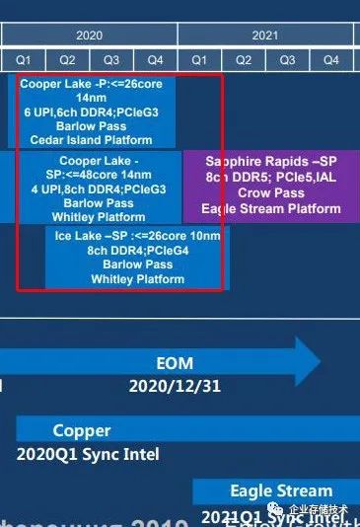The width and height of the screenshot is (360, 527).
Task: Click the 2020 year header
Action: point(89,35)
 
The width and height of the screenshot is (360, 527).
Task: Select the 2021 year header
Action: point(264,35)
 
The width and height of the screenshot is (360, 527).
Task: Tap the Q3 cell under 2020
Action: point(111,59)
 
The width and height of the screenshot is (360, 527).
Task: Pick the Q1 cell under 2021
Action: point(198,59)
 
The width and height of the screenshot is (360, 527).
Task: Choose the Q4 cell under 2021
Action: point(330,59)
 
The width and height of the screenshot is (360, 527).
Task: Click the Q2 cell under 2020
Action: point(68,59)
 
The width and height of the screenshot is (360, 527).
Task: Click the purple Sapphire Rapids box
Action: point(270,185)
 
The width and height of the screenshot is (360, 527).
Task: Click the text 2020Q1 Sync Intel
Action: point(88,455)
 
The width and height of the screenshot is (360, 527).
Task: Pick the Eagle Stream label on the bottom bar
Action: point(281,490)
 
